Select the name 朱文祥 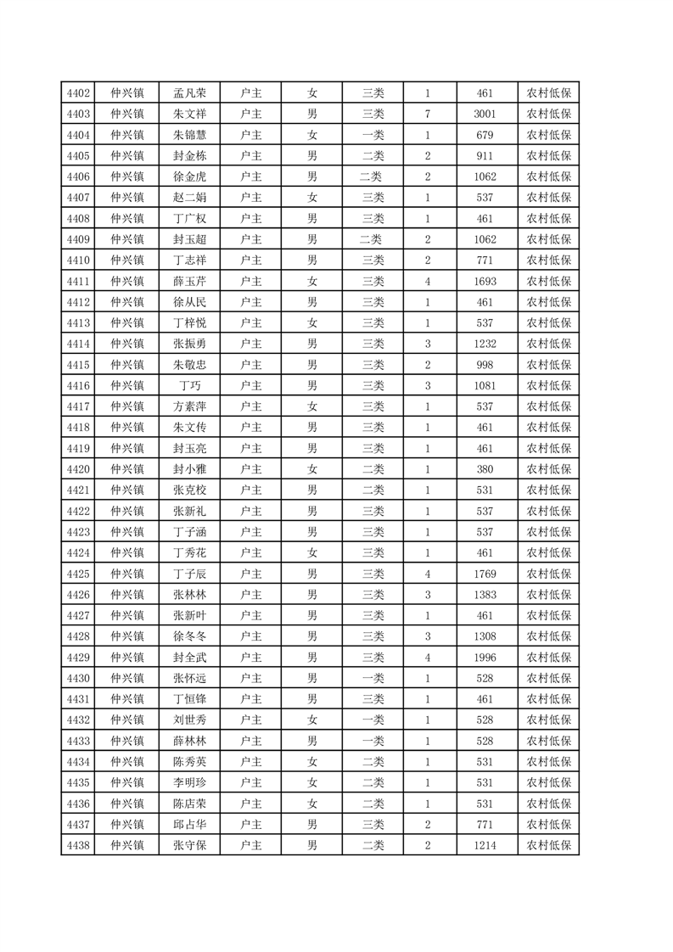point(189,114)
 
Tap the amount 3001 point(485,114)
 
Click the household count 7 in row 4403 point(427,114)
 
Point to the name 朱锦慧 point(189,135)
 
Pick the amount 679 point(485,135)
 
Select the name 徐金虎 point(189,176)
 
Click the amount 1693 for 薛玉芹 point(485,281)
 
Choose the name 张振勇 point(189,344)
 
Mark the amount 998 point(485,365)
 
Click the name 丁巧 point(189,385)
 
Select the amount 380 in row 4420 point(485,469)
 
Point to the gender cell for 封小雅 point(312,469)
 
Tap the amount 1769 point(485,574)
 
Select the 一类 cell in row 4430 point(373,678)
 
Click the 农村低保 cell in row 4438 point(547,845)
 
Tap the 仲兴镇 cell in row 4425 point(127,574)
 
